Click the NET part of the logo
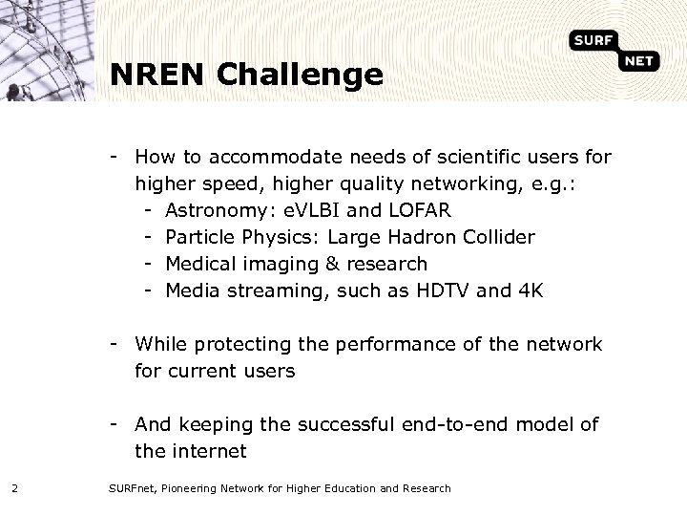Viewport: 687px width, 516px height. tap(639, 63)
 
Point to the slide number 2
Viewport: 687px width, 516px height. tap(14, 489)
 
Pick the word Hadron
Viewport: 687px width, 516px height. tap(407, 235)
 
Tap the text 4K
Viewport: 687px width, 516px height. tap(530, 290)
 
